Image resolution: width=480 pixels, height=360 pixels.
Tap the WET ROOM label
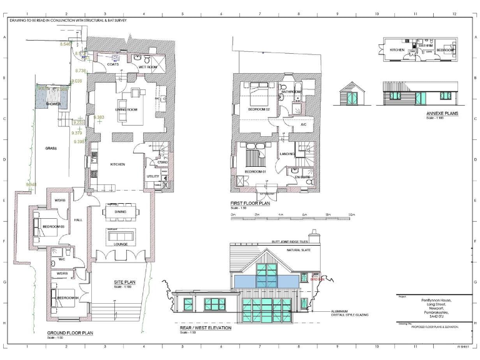147,67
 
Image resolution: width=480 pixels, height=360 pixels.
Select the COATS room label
112,64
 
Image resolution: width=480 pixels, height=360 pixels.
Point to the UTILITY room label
152,177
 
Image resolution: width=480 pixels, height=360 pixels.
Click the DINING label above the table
120,212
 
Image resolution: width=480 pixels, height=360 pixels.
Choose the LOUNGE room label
121,244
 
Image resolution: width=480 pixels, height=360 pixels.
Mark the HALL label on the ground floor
79,220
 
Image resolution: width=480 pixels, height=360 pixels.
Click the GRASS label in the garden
51,149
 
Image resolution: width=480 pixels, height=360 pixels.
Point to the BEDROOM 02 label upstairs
258,109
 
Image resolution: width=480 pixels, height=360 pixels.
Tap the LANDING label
287,154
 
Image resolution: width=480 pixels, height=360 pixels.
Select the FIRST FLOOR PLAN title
251,203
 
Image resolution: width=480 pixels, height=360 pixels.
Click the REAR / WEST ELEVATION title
206,328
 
